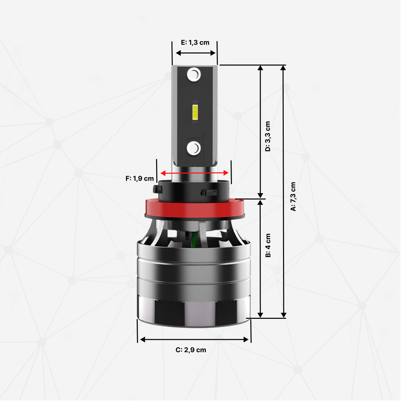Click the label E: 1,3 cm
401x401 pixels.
pyautogui.click(x=195, y=42)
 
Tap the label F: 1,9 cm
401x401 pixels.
pyautogui.click(x=140, y=178)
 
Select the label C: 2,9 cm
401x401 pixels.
pyautogui.click(x=191, y=350)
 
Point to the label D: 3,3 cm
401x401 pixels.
pyautogui.click(x=268, y=136)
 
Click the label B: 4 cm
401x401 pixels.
pyautogui.click(x=268, y=245)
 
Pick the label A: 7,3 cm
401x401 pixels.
pyautogui.click(x=293, y=196)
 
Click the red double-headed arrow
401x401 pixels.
pyautogui.click(x=194, y=173)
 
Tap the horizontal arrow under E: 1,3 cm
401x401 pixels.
pyautogui.click(x=195, y=53)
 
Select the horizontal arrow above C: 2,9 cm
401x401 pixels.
pyautogui.click(x=194, y=340)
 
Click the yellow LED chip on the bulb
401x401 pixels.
pyautogui.click(x=195, y=112)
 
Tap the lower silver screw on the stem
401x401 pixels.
pyautogui.click(x=194, y=148)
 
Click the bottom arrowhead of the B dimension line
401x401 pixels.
pyautogui.click(x=261, y=315)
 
